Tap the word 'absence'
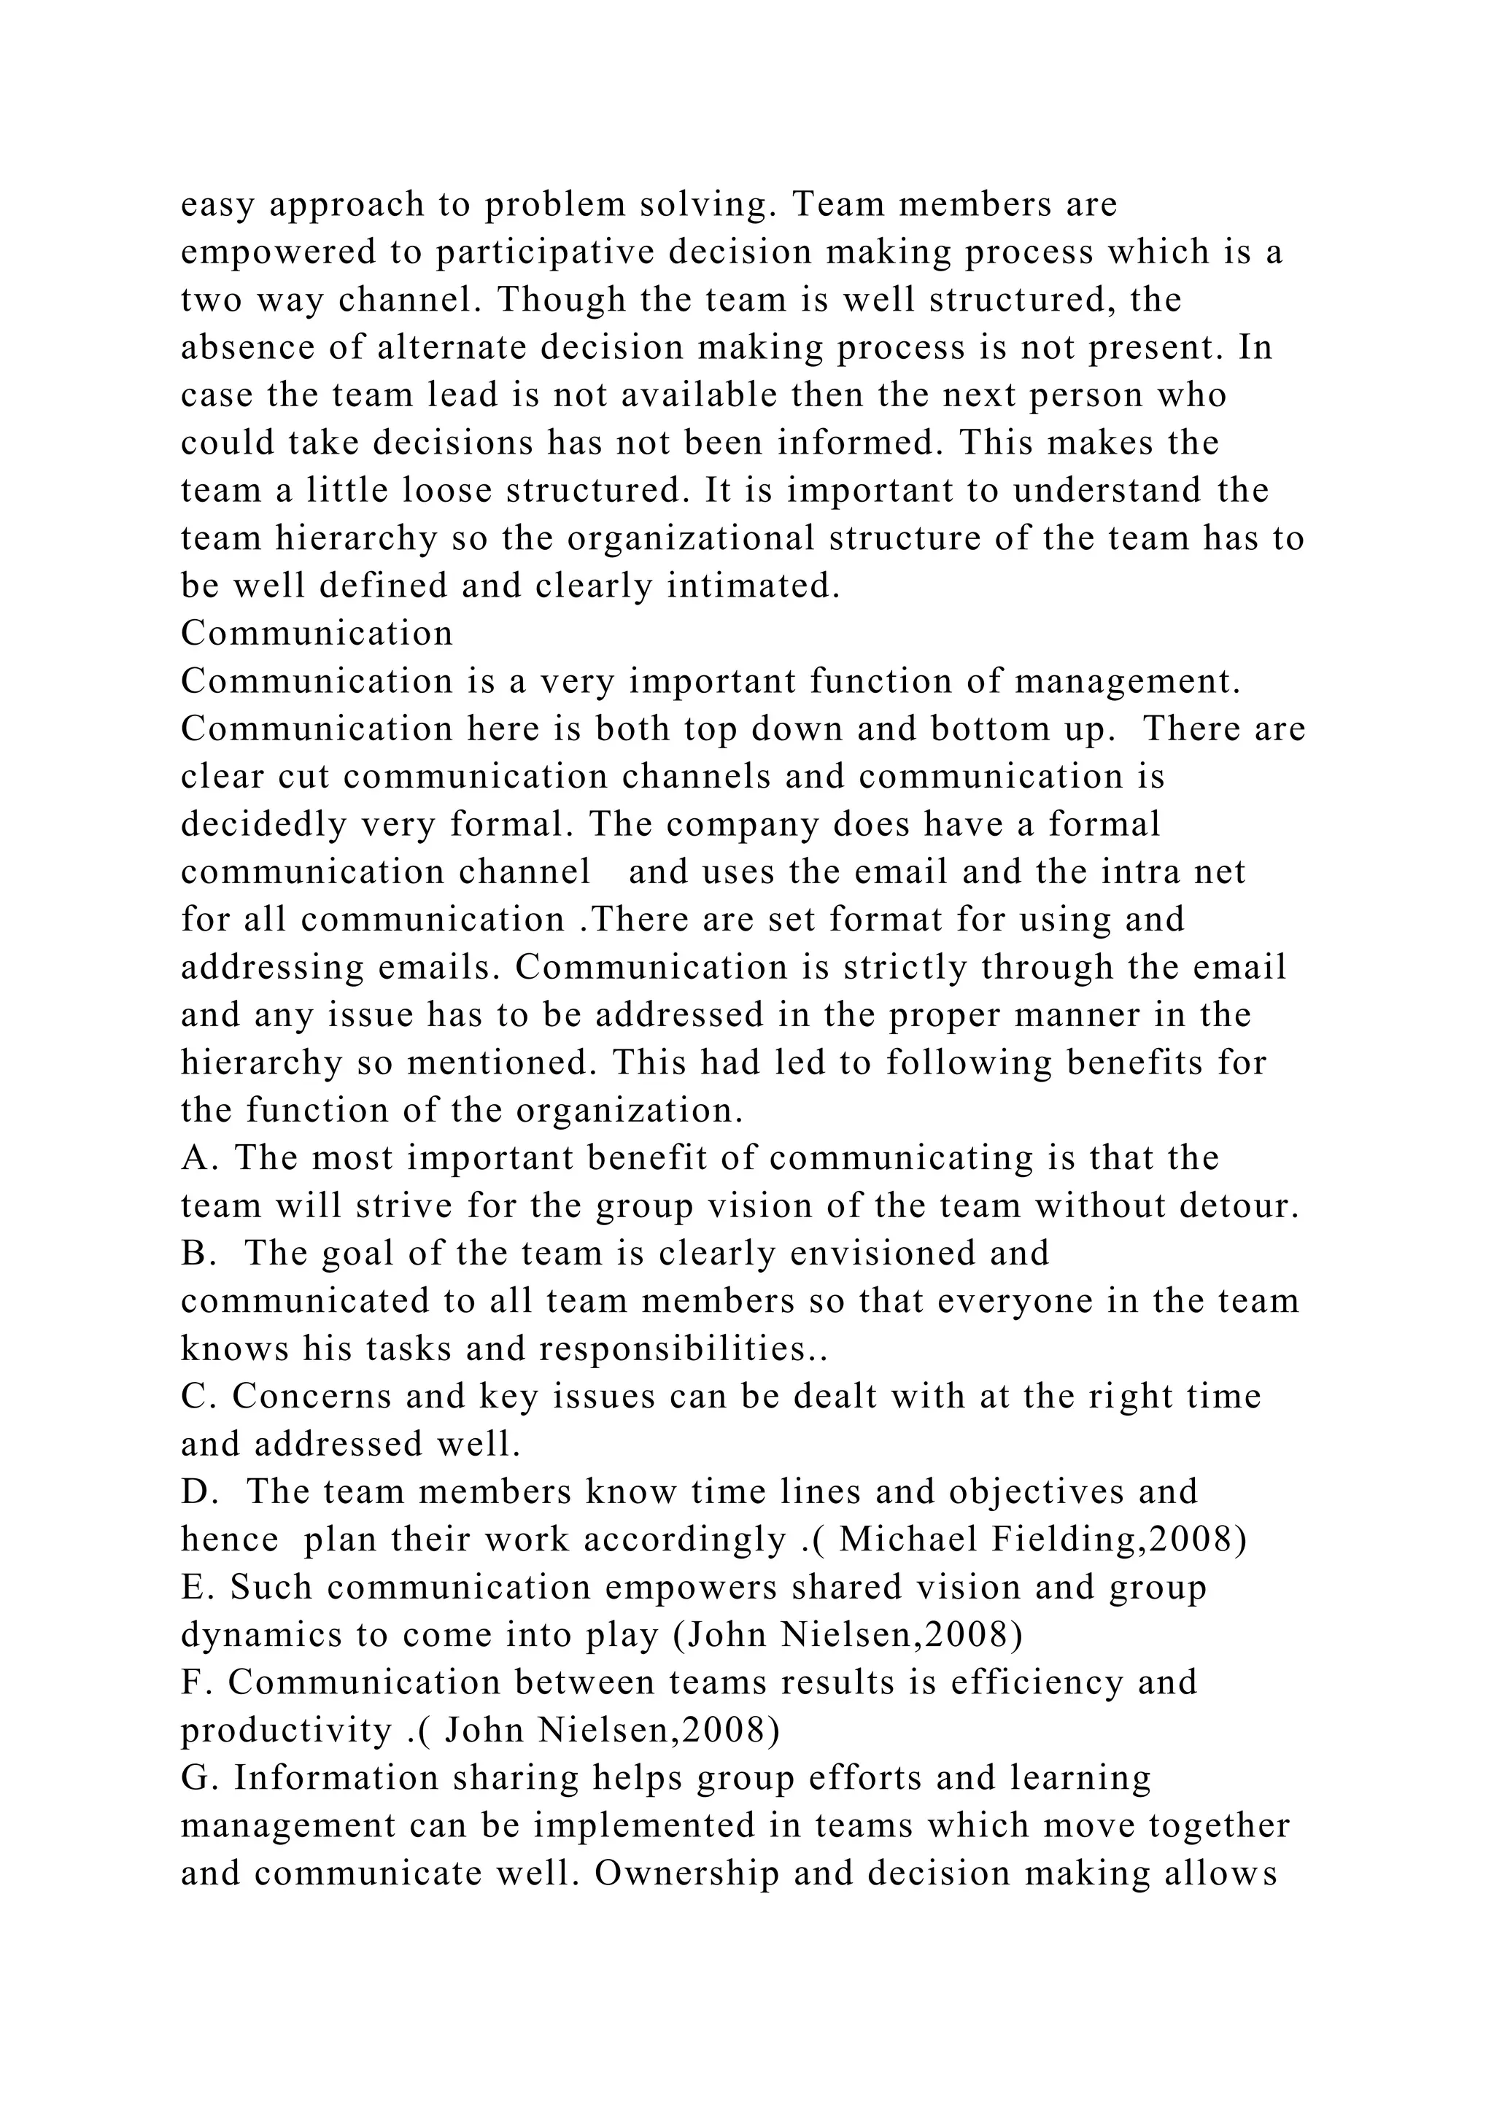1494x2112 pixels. pyautogui.click(x=239, y=348)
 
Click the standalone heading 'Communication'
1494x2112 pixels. pyautogui.click(x=317, y=634)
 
